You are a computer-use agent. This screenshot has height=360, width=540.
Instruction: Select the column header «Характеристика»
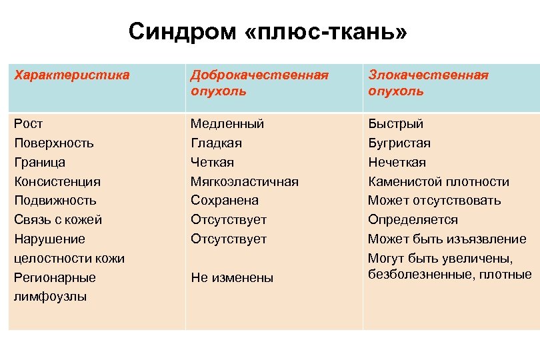click(71, 75)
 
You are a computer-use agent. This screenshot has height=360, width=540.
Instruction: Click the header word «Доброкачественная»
click(259, 75)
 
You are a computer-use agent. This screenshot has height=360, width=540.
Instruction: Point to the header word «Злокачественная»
click(428, 75)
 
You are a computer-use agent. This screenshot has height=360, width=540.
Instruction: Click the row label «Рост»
click(29, 124)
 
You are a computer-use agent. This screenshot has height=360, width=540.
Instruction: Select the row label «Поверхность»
click(53, 143)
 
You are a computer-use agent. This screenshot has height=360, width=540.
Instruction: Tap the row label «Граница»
click(39, 162)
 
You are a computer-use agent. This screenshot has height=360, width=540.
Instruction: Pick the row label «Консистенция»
click(57, 181)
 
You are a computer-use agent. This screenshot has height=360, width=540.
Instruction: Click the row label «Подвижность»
click(55, 200)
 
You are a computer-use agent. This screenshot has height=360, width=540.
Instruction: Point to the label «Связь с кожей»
click(58, 219)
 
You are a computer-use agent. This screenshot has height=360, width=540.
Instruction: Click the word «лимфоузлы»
click(50, 297)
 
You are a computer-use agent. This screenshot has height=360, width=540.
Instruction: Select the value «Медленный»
click(227, 124)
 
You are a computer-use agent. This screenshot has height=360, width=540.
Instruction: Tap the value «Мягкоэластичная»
click(244, 181)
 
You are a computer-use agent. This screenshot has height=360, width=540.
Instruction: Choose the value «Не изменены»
click(232, 278)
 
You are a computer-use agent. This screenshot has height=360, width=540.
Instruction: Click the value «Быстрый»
click(395, 124)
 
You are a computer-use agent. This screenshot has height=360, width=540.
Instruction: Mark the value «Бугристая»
click(399, 143)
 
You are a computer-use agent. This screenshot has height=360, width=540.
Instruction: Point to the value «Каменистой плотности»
click(438, 181)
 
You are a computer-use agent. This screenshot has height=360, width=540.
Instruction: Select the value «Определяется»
click(413, 219)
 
